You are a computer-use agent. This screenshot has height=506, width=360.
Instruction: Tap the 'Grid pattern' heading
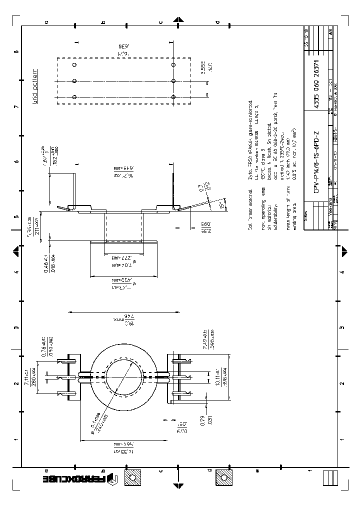pos(35,89)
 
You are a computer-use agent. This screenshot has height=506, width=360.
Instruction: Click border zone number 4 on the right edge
pos(342,272)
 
